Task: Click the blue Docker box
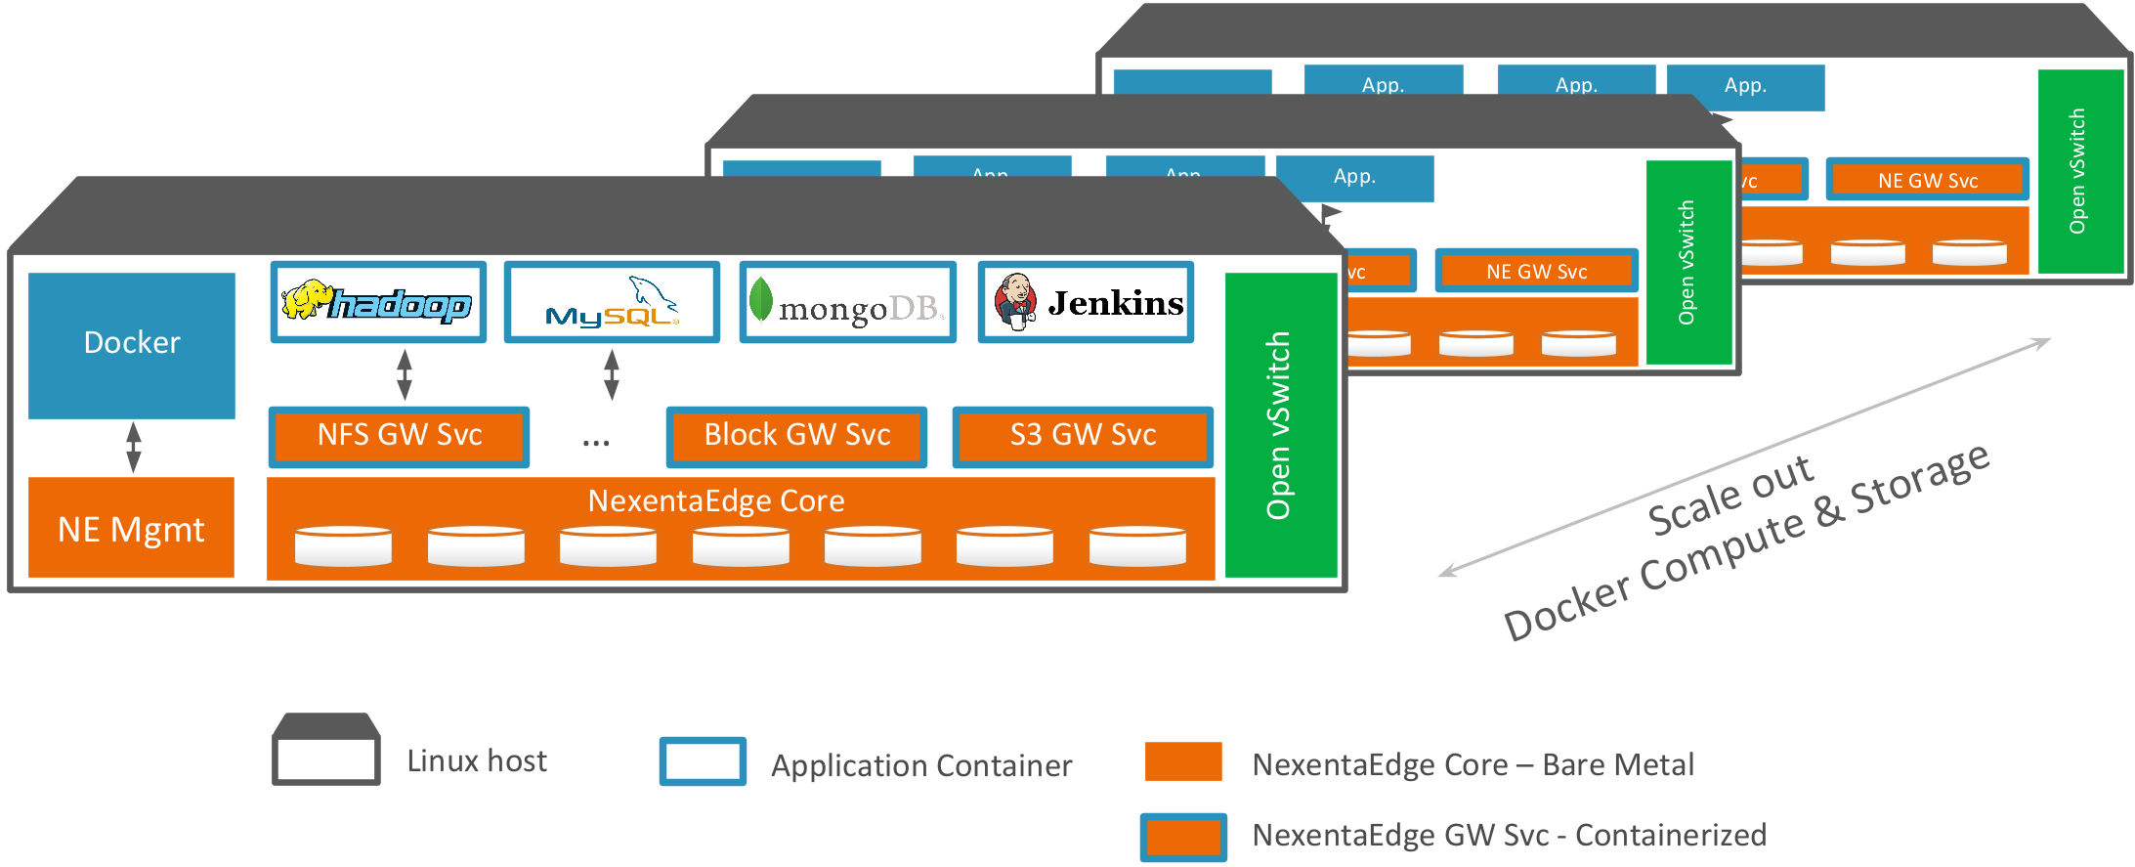pos(132,345)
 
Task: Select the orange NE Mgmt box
pos(131,528)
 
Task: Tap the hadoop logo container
pos(378,303)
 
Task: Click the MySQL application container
pos(612,303)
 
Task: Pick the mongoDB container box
pos(847,303)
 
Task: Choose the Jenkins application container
pos(1086,303)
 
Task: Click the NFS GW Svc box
pos(399,436)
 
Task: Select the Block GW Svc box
pos(796,436)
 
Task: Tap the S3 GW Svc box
pos(1083,436)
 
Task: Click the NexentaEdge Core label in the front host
pos(716,501)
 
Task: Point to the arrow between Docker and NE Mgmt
pos(134,448)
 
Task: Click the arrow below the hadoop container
pos(405,374)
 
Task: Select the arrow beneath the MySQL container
pos(612,374)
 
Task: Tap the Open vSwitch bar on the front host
pos(1280,425)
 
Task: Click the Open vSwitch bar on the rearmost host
pos(2079,171)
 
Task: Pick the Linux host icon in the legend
pos(325,750)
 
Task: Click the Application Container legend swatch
pos(703,761)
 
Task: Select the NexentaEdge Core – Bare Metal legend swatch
pos(1183,761)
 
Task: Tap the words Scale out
pos(1730,496)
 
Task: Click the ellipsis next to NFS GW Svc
pos(596,442)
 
